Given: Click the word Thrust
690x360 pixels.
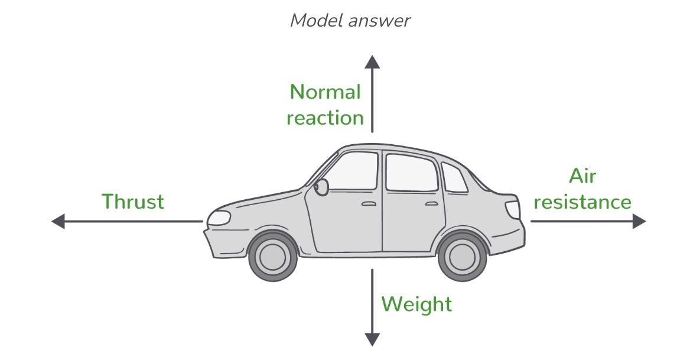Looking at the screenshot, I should (x=133, y=202).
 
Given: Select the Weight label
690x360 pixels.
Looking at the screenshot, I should (x=416, y=304).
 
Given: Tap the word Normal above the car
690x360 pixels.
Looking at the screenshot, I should (x=325, y=92).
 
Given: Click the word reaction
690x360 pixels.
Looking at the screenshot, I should (x=325, y=118).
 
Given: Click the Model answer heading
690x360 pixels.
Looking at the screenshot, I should (x=350, y=21).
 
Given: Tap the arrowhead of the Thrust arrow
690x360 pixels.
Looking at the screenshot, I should (x=58, y=222).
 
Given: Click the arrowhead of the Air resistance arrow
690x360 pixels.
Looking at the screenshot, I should (x=639, y=222).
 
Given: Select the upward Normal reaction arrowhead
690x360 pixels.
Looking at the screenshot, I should (x=372, y=61).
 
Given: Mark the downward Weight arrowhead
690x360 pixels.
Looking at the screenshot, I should (x=372, y=339).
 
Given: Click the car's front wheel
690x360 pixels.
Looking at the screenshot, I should (x=273, y=255).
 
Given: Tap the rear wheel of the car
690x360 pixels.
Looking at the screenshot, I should (x=463, y=255).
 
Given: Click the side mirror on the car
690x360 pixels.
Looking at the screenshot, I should (x=321, y=187).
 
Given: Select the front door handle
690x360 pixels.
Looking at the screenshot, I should (x=369, y=204).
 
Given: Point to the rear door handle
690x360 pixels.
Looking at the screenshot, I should (x=432, y=204).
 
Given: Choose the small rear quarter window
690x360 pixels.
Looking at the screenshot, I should (x=453, y=178).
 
